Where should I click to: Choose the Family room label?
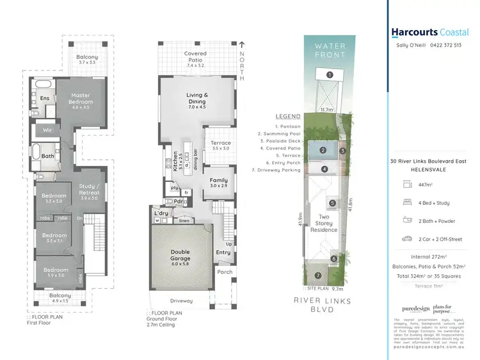coord(220,181)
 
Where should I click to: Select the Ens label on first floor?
coord(45,98)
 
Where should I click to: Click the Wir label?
coord(47,130)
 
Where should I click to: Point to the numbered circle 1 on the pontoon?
coord(329,75)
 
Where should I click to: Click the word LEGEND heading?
coord(287,117)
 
